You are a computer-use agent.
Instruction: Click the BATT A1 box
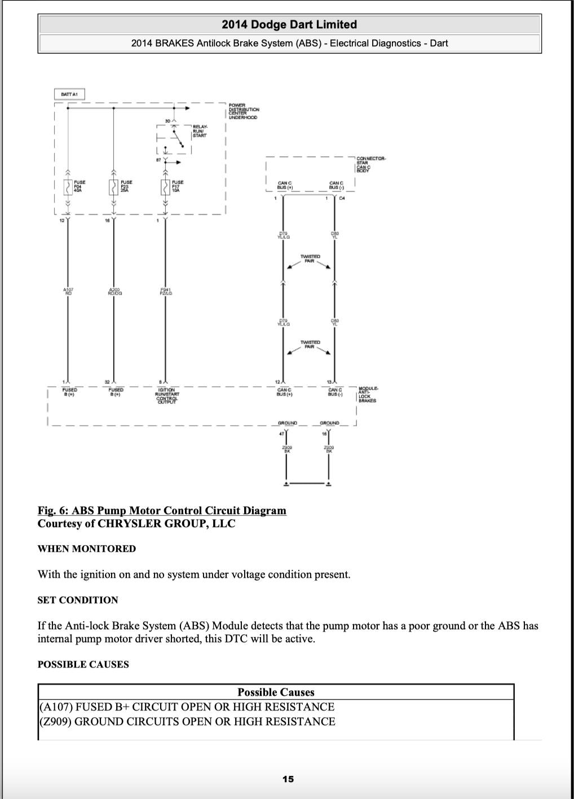[x=69, y=94]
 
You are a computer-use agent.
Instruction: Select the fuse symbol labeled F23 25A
[x=113, y=187]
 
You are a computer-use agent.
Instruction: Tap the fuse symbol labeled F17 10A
[x=165, y=187]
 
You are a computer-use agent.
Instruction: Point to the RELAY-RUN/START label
[x=200, y=131]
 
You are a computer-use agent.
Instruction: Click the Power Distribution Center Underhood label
[x=242, y=111]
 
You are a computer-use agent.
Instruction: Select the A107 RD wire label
[x=68, y=291]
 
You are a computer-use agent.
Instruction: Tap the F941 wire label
[x=166, y=291]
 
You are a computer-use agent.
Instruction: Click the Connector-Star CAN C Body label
[x=370, y=164]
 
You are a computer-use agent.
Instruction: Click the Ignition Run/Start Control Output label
[x=166, y=396]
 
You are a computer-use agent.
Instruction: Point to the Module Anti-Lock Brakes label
[x=368, y=394]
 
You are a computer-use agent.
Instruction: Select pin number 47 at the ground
[x=281, y=433]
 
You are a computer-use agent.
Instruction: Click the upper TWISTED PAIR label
[x=310, y=258]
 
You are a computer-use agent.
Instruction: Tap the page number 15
[x=288, y=779]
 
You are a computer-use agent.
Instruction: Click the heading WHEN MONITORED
[x=87, y=548]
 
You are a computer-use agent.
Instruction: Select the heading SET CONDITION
[x=78, y=600]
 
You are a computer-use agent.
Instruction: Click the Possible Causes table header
[x=276, y=692]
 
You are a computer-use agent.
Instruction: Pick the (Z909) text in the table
[x=56, y=721]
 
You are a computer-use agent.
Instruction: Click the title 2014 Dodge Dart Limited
[x=289, y=24]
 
